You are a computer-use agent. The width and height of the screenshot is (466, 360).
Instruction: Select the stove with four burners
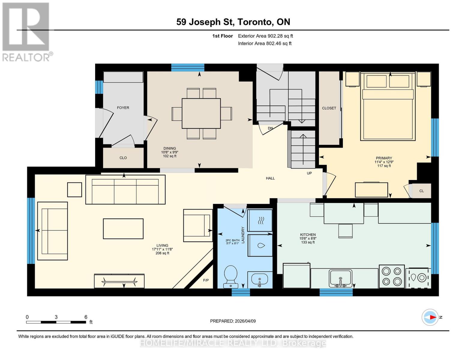pos(392,276)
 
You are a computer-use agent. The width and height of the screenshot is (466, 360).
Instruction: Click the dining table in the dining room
pos(201,113)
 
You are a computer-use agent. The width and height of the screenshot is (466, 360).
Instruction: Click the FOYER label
pos(123,108)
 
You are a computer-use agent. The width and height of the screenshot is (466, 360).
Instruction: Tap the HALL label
pos(270,178)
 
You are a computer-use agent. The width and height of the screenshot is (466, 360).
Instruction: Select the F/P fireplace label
pos(206,280)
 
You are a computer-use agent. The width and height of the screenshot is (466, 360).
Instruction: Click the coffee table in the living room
pos(123,229)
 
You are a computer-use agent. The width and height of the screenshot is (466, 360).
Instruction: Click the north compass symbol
pos(430,317)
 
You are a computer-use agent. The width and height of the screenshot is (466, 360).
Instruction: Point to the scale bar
pos(56,322)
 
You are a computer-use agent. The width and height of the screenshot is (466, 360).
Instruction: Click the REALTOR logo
pos(26,32)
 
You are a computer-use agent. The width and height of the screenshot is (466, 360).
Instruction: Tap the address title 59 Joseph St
pos(233,22)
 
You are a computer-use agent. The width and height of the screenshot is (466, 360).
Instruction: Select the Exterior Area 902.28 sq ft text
pos(265,36)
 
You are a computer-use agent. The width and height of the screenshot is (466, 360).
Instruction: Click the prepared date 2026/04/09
pos(233,321)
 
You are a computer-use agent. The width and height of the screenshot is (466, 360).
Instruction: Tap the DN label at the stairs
pos(270,128)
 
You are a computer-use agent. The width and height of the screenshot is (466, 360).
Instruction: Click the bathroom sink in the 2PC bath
pos(260,280)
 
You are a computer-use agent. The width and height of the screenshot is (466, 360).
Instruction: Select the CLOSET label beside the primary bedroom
pos(329,108)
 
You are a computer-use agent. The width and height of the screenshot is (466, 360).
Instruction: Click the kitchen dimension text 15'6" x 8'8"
pos(308,238)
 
